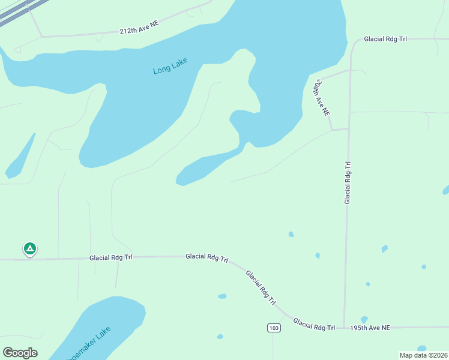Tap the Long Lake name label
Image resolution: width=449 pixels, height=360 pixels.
click(170, 66)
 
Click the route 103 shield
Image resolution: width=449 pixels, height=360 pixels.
click(273, 328)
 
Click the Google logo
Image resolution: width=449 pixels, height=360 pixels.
click(20, 353)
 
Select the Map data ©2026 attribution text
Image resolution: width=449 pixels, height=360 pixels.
click(423, 355)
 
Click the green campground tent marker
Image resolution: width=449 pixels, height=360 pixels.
click(29, 248)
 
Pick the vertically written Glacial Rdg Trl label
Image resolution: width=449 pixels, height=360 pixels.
click(347, 182)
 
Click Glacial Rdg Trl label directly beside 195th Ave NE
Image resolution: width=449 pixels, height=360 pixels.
click(314, 325)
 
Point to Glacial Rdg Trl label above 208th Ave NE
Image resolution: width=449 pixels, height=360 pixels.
click(385, 39)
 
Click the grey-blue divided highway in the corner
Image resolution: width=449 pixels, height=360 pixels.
click(18, 12)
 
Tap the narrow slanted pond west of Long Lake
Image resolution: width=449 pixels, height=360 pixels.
click(19, 157)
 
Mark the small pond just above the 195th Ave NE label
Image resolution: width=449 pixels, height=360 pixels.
click(364, 320)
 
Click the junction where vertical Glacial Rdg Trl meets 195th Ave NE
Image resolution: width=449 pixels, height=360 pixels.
click(344, 328)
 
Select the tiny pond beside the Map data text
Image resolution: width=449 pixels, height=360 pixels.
click(421, 348)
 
